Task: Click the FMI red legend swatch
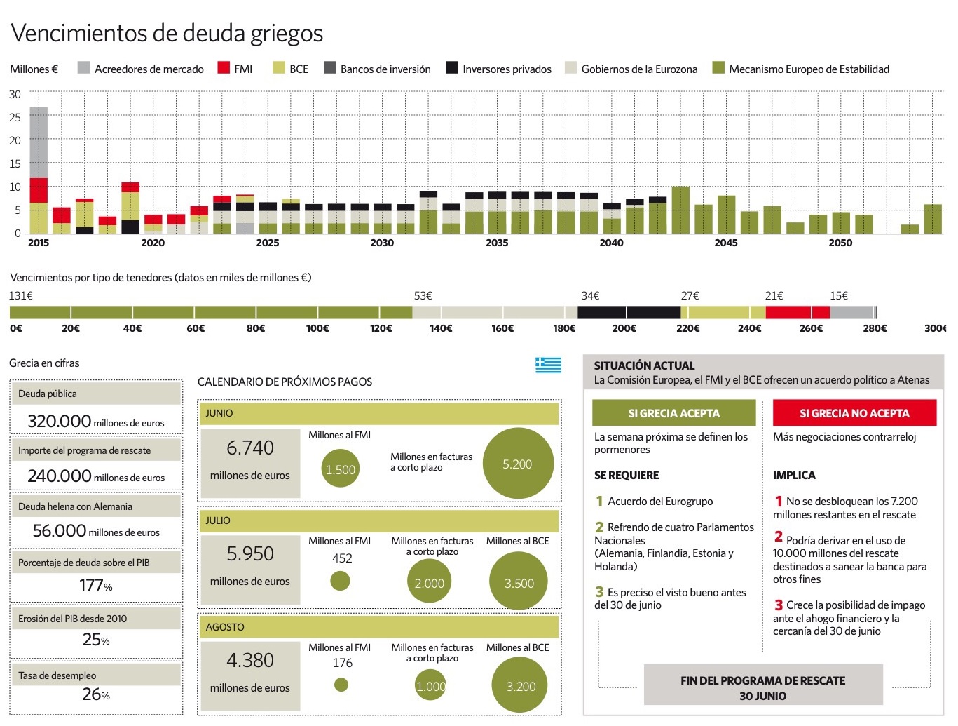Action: tap(224, 68)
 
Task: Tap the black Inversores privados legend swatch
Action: tap(452, 68)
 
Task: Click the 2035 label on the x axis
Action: tap(497, 243)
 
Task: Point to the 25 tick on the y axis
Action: tap(15, 117)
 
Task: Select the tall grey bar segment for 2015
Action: tap(39, 142)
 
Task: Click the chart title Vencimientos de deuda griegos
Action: tap(167, 33)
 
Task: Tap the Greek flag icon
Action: tap(548, 364)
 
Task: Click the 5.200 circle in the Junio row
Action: tap(518, 464)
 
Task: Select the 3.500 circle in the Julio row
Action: tap(519, 582)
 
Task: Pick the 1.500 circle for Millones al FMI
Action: tap(341, 469)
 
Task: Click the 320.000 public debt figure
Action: tap(60, 421)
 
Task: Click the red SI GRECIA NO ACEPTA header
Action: tap(854, 413)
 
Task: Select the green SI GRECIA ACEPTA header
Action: tap(673, 413)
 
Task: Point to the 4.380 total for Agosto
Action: tap(250, 660)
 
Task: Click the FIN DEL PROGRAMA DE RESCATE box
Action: tap(762, 687)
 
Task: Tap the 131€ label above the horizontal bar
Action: tap(21, 295)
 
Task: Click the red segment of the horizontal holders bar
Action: tap(797, 312)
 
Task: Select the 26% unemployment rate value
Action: tap(96, 694)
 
